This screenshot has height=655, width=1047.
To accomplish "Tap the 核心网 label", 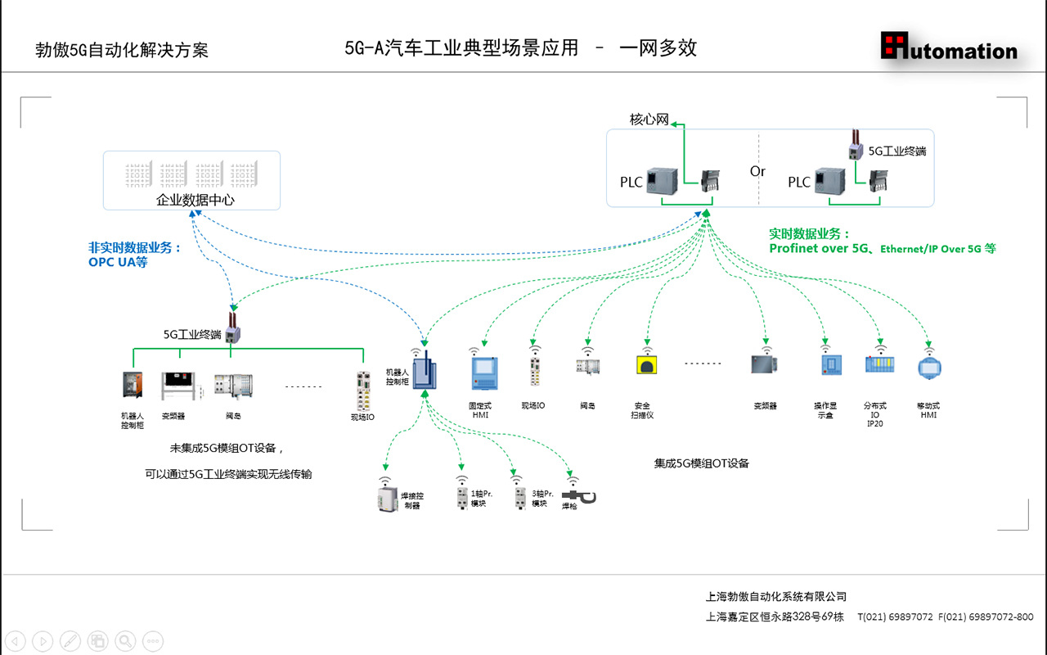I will pos(649,120).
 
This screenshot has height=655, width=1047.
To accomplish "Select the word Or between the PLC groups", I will pos(757,171).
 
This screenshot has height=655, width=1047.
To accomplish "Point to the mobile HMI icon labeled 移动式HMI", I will pos(928,367).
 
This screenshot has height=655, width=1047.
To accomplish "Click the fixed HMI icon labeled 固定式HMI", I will pos(483,373).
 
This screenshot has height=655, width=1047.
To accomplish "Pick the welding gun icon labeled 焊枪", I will pos(580,496).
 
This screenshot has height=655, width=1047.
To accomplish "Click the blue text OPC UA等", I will pos(118,262).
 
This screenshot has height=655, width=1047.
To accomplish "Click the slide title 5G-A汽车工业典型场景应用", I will pos(461,48).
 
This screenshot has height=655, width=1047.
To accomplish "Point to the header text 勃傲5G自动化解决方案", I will pos(122,50).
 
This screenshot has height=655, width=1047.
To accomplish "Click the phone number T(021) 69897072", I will pos(895,617).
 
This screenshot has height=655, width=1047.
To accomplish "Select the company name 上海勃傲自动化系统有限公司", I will pos(776,597).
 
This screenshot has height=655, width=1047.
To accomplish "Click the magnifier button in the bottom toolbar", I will pos(125,641).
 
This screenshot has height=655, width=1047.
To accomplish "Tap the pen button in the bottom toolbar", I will pos(70,641).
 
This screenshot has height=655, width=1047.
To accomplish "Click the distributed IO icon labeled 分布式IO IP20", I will pos(880,364).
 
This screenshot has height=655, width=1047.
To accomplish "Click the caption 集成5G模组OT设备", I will pos(701,463).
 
